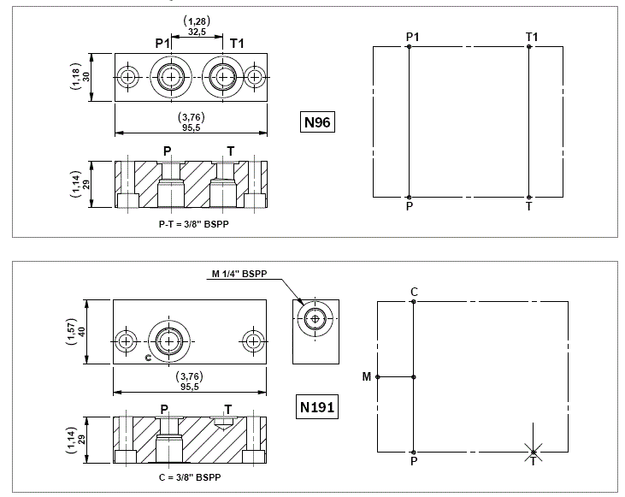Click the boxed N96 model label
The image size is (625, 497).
pos(317,122)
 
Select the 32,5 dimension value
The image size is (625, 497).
pos(199,31)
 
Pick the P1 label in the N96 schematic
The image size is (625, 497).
pos(412,36)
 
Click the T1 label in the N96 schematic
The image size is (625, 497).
pos(532,36)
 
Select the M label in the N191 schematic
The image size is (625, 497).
pos(366,376)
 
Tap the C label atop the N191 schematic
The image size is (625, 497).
pos(414,292)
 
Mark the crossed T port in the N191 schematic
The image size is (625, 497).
pos(533,453)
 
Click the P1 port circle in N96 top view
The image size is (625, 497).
pos(173,77)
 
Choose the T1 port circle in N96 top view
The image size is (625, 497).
pos(224,77)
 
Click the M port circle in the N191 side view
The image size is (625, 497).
pos(315,320)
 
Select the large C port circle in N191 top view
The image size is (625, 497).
pos(170,341)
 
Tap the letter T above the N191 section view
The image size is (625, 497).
pos(227,408)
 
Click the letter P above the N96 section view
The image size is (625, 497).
pos(168,151)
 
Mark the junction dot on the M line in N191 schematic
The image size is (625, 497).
pos(414,376)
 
